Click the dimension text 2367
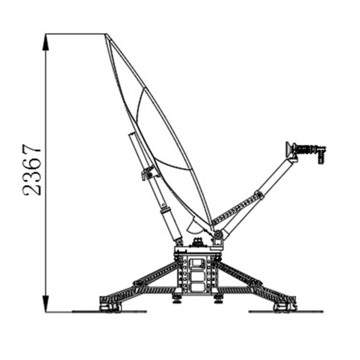(x=32, y=169)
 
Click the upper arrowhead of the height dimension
(x=46, y=42)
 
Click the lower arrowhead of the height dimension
(x=46, y=303)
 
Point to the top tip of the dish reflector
(x=106, y=35)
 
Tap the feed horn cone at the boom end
(x=288, y=150)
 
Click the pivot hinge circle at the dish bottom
(x=217, y=235)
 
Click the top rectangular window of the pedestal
(x=197, y=264)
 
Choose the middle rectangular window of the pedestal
(x=197, y=276)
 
